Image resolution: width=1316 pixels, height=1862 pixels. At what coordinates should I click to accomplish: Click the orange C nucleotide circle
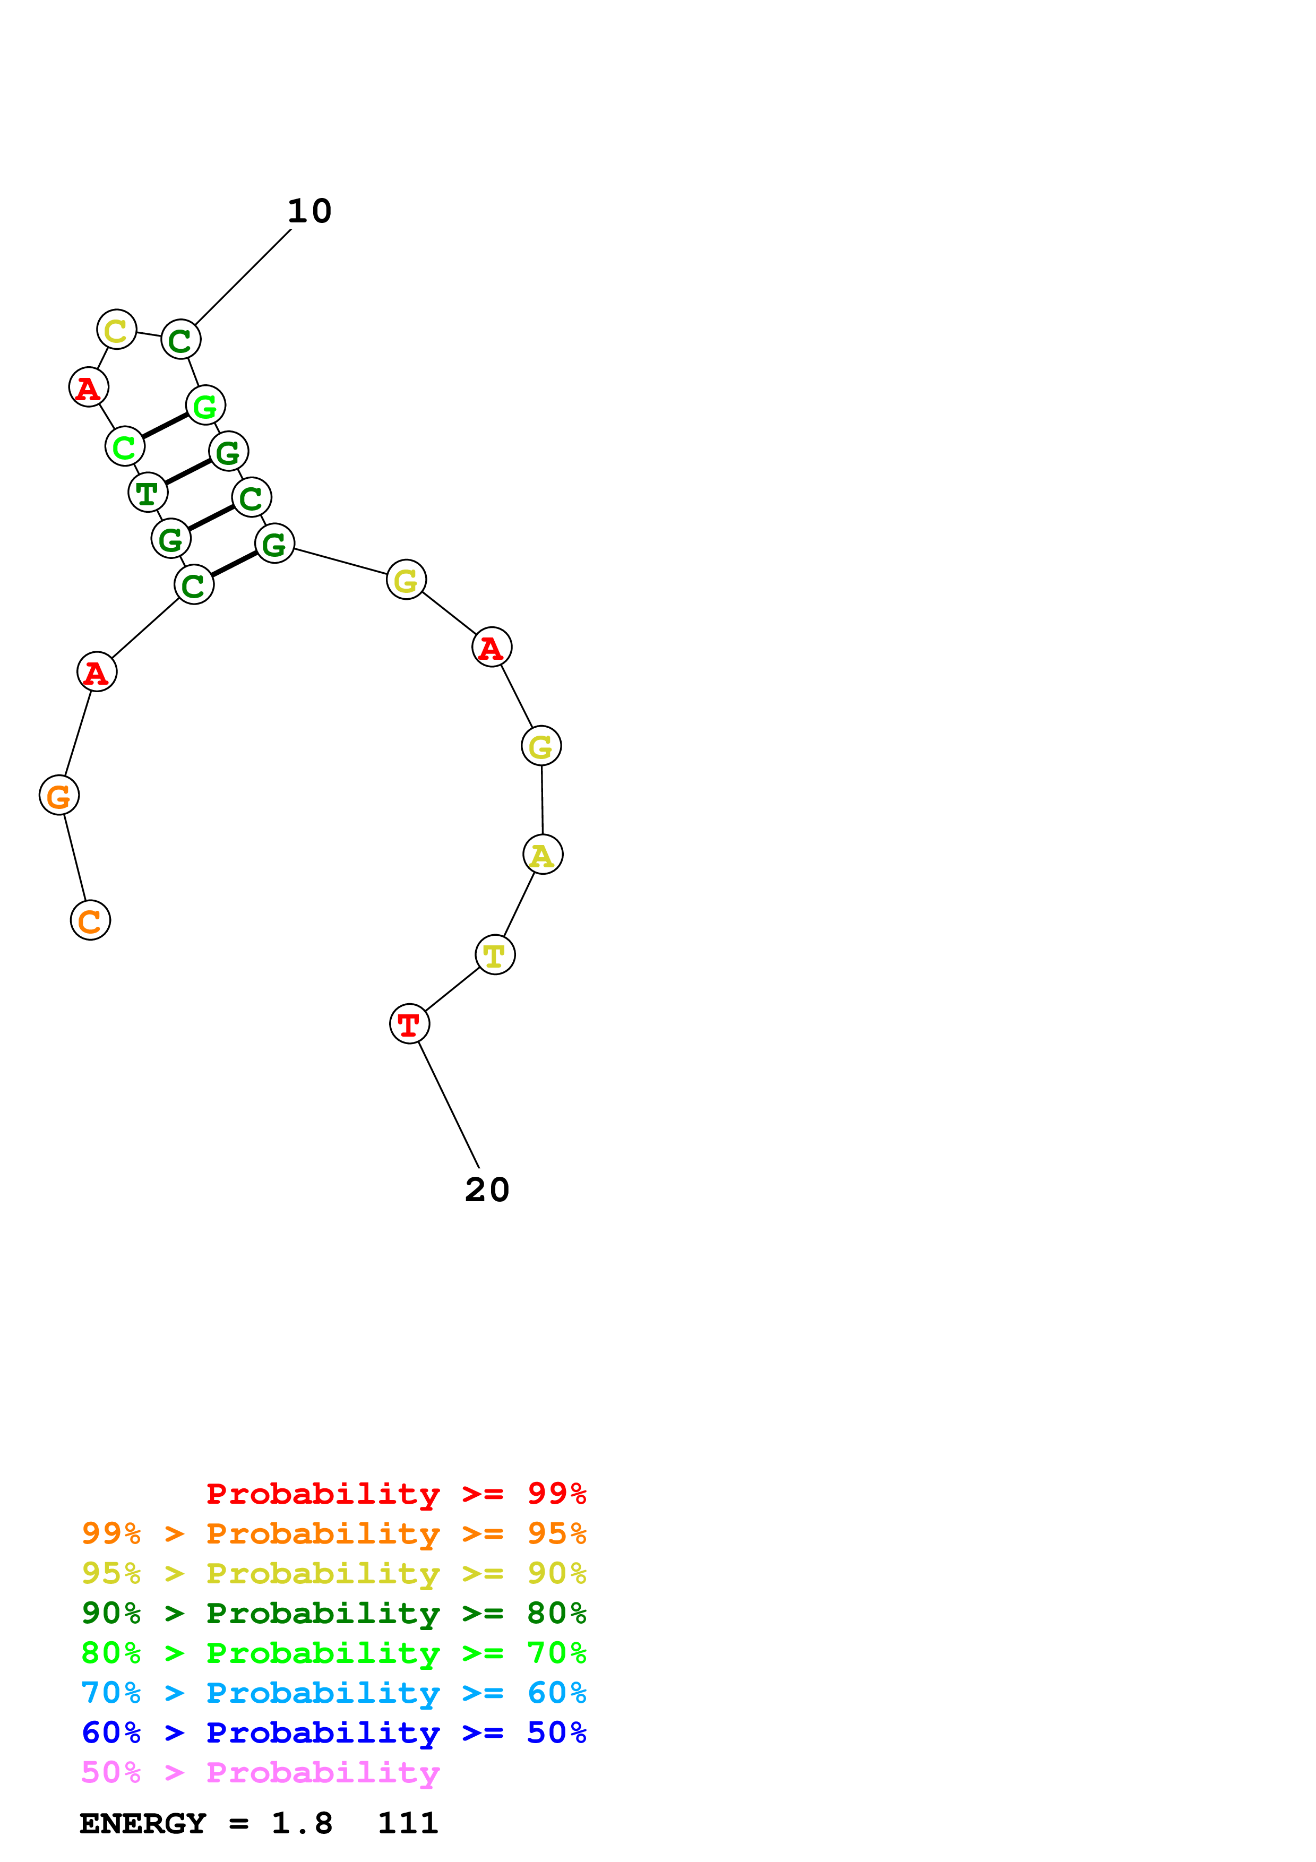click(90, 920)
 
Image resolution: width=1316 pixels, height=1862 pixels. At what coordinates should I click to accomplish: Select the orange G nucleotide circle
click(59, 796)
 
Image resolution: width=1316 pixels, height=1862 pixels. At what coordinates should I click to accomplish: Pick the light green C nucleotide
click(125, 446)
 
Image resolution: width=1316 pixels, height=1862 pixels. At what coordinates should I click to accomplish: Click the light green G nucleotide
click(205, 406)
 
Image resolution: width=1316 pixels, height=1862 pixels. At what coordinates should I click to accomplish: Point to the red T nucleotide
click(409, 1024)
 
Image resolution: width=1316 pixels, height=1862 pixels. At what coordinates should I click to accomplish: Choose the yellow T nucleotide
click(495, 955)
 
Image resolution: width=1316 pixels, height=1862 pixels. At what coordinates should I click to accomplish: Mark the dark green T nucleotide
click(148, 492)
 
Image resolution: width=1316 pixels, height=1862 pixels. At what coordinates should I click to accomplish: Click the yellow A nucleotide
click(543, 855)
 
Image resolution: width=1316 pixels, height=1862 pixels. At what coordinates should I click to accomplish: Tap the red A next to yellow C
click(88, 387)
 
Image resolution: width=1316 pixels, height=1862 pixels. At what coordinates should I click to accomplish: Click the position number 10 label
click(309, 212)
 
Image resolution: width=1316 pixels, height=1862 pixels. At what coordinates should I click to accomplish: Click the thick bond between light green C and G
click(165, 425)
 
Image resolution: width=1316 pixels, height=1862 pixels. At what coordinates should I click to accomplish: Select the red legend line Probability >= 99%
click(395, 1494)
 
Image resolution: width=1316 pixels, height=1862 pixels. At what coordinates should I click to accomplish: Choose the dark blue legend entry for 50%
click(333, 1732)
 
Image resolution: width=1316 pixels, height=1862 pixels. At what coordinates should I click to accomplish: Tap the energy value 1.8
click(302, 1823)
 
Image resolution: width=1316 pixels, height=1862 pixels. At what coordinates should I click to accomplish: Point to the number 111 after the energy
click(408, 1823)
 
